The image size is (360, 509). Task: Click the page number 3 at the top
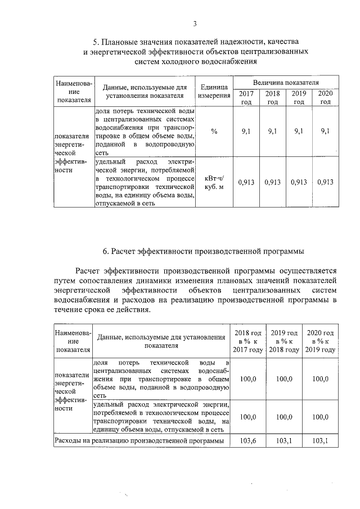[x=194, y=23]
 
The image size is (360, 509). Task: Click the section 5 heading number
[x=96, y=42]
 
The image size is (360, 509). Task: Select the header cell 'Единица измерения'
[x=214, y=91]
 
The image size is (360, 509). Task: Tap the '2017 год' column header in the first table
[x=246, y=97]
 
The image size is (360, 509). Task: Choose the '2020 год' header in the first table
[x=325, y=97]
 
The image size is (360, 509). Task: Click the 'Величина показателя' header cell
[x=286, y=82]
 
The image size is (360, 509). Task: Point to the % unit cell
[x=214, y=131]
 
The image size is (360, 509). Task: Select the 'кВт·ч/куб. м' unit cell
[x=214, y=182]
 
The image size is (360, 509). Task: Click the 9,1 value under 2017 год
[x=246, y=131]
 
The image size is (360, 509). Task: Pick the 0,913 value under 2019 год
[x=299, y=182]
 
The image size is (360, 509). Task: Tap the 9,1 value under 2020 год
[x=325, y=131]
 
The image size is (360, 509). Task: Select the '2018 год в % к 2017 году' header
[x=248, y=341]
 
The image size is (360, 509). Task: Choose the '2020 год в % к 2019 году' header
[x=320, y=341]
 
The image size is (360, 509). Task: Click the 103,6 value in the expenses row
[x=248, y=441]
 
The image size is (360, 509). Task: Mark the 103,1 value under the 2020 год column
[x=320, y=441]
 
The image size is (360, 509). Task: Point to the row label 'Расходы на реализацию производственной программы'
[x=138, y=441]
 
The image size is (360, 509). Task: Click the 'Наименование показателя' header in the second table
[x=70, y=341]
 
